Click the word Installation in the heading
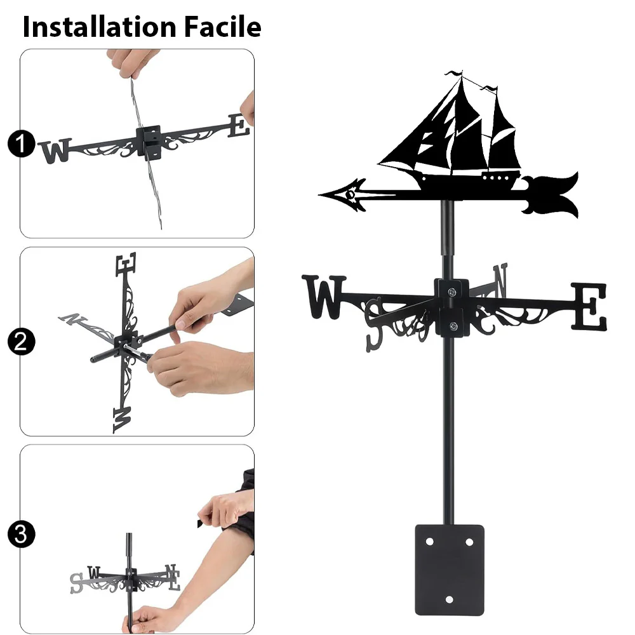100,27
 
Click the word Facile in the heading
223,27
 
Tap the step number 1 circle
21,144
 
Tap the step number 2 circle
21,342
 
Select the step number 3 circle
21,534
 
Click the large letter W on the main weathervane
324,297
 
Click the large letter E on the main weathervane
589,306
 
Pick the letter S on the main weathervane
375,324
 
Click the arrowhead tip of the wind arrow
320,195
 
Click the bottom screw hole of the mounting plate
449,599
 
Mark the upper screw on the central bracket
452,292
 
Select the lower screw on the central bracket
453,326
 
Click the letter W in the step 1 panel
55,150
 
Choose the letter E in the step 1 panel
239,126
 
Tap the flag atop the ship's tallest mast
453,74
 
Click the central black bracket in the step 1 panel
149,142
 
